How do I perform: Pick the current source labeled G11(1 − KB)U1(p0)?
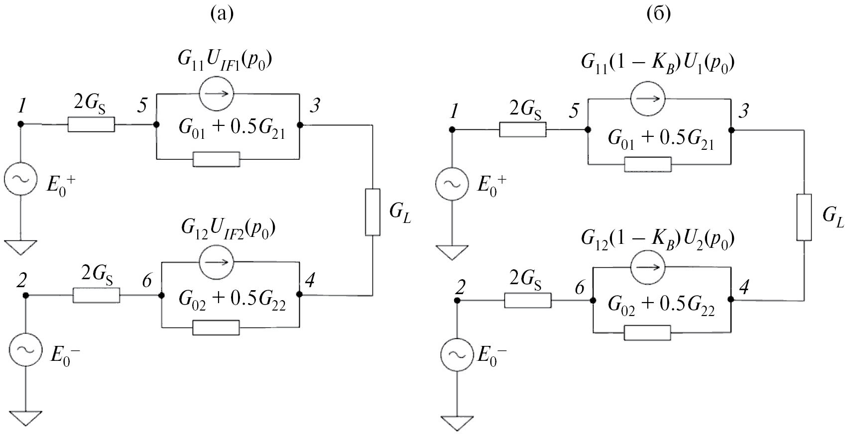[647, 98]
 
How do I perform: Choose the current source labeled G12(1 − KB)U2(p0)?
[647, 266]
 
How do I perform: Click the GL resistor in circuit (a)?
[372, 212]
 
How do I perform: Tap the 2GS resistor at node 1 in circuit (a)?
[91, 124]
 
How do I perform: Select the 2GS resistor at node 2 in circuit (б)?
[528, 301]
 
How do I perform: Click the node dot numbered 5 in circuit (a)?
[156, 124]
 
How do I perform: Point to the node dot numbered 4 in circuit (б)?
[731, 300]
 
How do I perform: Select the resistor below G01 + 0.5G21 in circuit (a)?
[216, 159]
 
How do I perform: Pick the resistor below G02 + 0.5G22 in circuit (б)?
[647, 332]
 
